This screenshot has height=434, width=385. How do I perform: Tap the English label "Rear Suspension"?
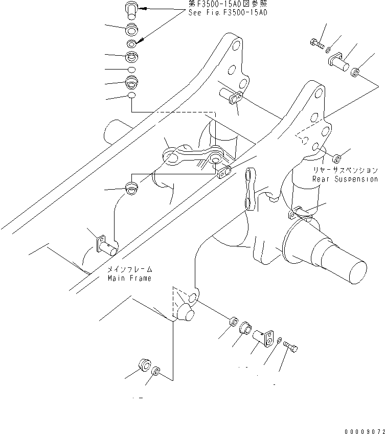[345, 179]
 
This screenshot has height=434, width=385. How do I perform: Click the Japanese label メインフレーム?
[130, 269]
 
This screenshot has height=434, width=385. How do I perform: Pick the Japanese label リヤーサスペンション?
[346, 171]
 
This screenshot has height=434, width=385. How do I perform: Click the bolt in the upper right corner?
[317, 43]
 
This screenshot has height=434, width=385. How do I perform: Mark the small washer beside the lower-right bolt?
[280, 340]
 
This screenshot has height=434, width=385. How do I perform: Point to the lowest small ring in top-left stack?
[131, 96]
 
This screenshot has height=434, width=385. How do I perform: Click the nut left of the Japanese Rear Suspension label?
[337, 157]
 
